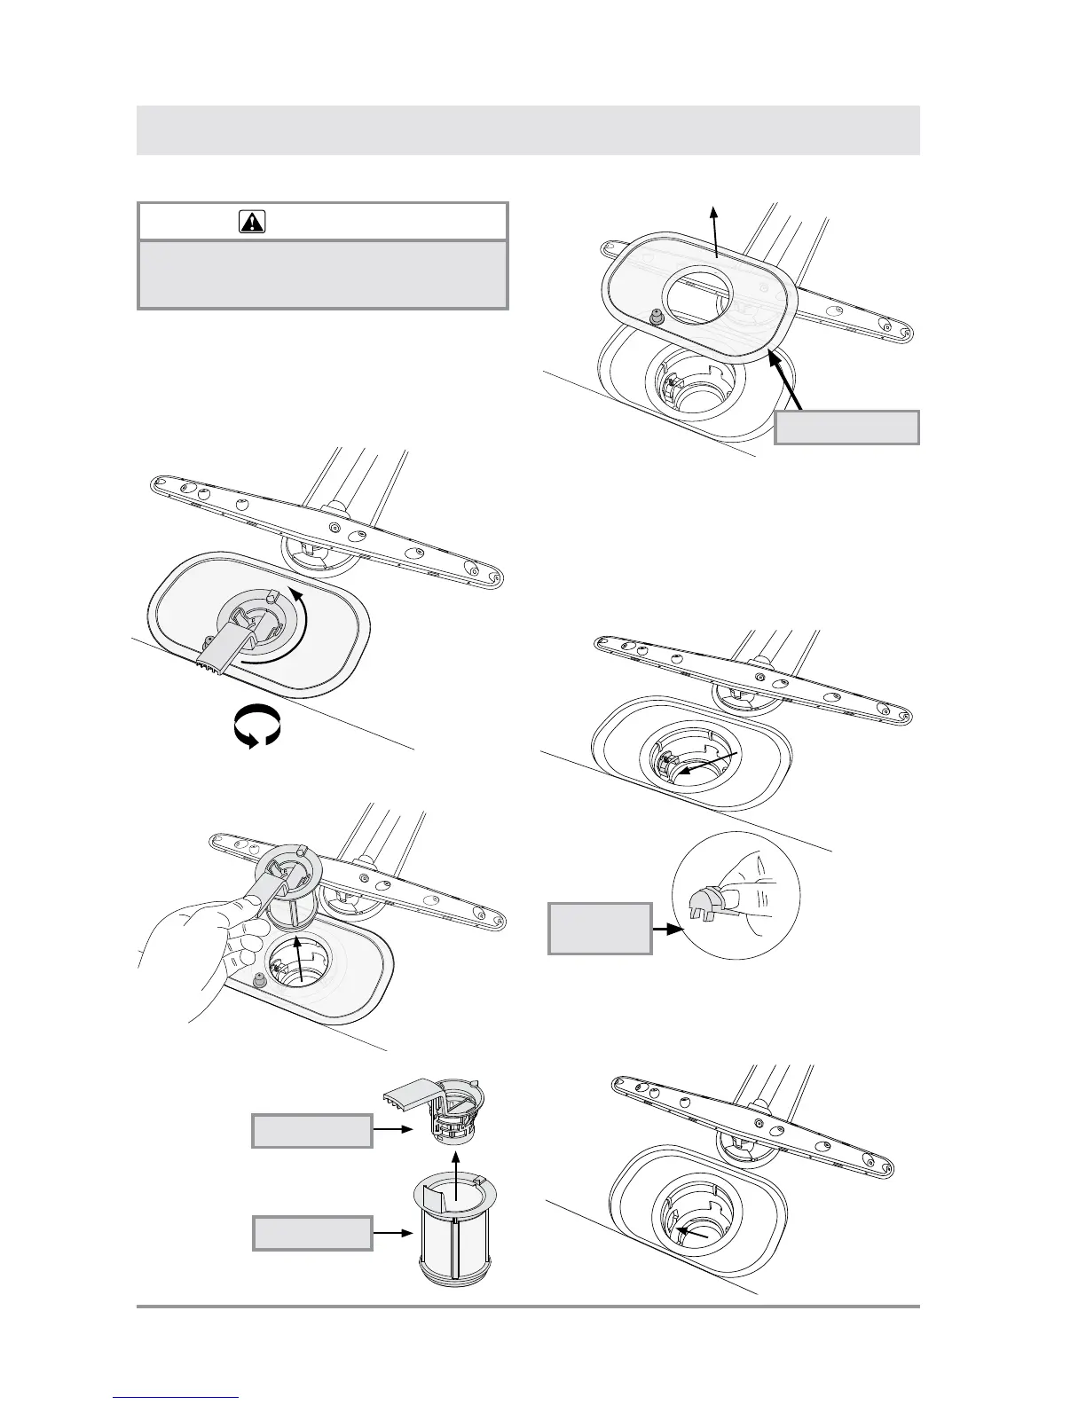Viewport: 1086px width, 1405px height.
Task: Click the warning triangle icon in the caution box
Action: click(x=252, y=222)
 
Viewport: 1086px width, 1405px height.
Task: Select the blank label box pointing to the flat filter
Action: click(x=846, y=427)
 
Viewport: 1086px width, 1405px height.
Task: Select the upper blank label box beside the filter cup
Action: click(x=311, y=1131)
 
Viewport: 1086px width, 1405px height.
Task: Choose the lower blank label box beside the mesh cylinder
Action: click(x=311, y=1232)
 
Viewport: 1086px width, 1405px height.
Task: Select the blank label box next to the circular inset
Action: click(x=600, y=928)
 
